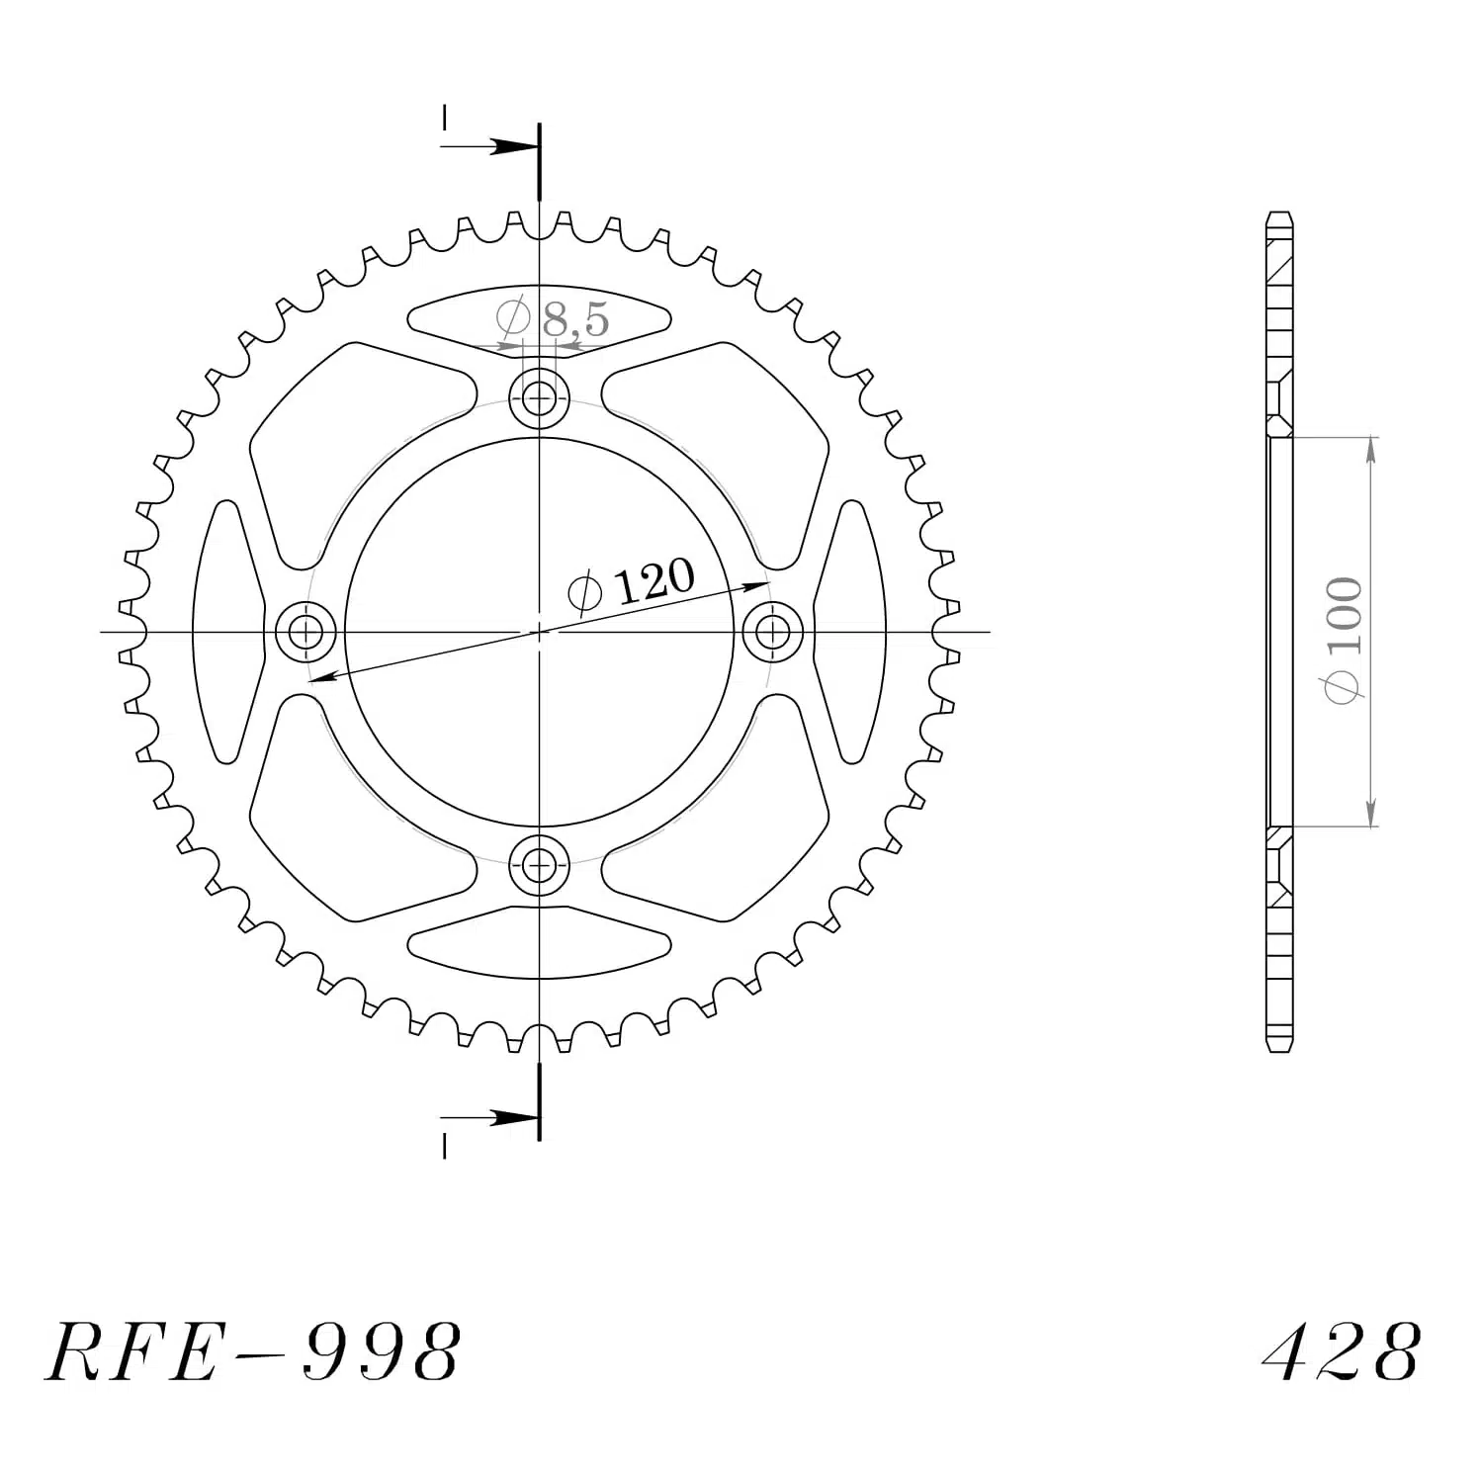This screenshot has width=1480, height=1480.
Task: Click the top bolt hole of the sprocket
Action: pos(539,399)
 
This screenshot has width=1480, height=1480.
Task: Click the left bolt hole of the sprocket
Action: pos(306,632)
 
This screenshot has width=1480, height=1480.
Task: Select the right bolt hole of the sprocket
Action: pos(772,632)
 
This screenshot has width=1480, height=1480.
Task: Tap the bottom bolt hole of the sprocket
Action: pos(539,865)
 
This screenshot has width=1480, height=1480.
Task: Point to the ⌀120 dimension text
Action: pos(632,584)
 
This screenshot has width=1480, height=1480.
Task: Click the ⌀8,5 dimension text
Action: pos(553,318)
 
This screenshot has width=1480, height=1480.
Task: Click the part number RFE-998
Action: pos(253,1351)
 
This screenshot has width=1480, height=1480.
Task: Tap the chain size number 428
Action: pos(1342,1351)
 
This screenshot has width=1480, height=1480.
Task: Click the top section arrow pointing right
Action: pos(490,147)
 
